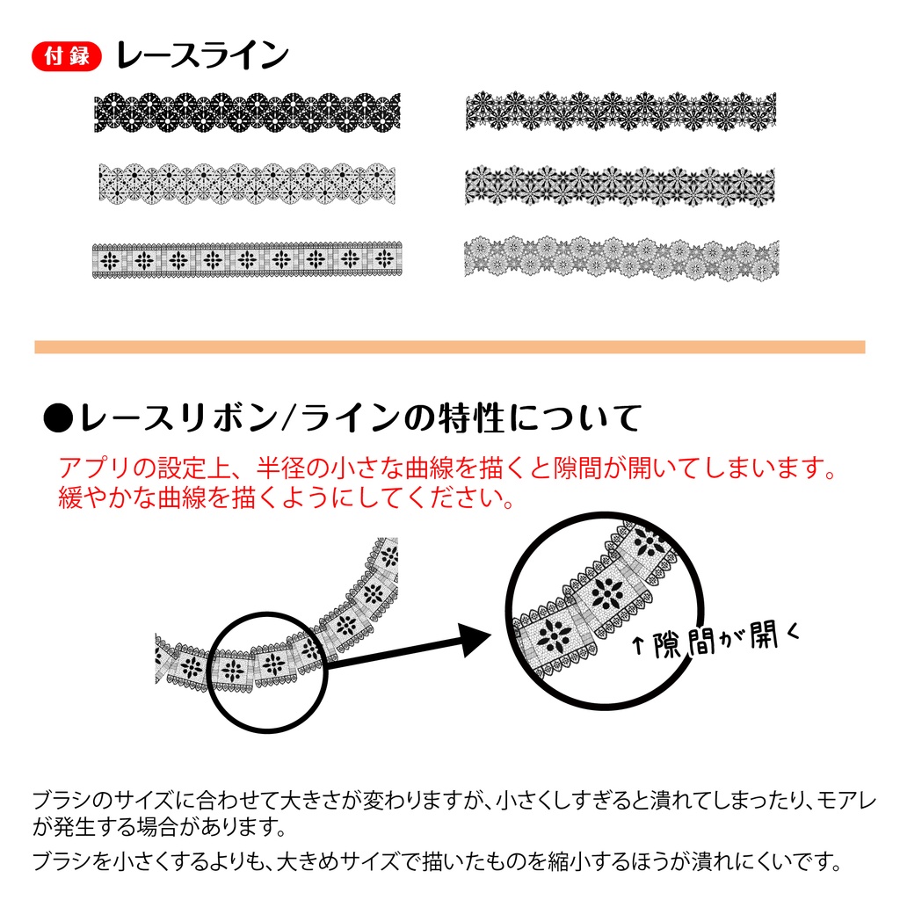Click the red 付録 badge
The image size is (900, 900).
67,57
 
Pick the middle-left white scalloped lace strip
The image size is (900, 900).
247,183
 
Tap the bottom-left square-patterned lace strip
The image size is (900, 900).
247,259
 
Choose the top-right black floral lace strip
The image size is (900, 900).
621,110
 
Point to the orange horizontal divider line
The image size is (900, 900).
449,347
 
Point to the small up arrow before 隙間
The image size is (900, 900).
637,650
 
